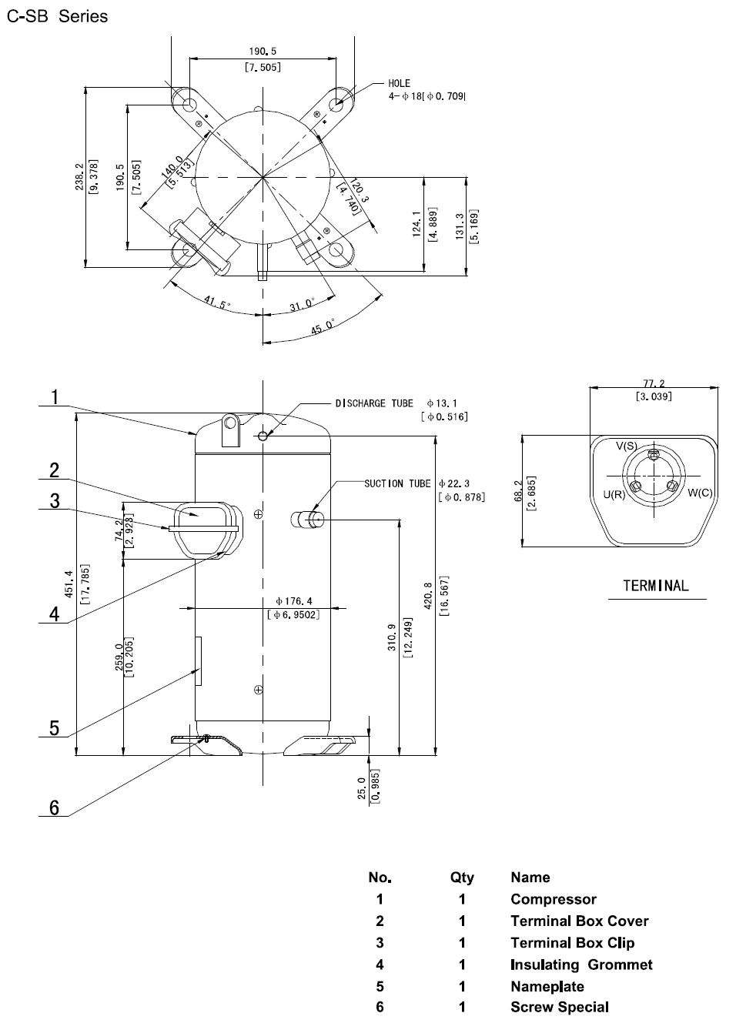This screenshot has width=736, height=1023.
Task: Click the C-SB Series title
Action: click(x=57, y=16)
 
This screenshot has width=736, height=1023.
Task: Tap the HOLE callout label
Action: click(x=399, y=84)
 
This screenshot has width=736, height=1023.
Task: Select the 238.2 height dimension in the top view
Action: click(x=80, y=177)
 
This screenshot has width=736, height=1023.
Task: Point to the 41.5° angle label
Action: click(x=217, y=302)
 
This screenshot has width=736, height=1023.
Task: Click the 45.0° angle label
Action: click(x=323, y=326)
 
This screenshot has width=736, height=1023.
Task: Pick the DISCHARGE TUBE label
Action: click(x=374, y=403)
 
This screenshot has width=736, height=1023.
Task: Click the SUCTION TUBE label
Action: click(x=397, y=483)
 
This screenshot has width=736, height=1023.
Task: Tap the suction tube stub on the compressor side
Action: click(x=307, y=520)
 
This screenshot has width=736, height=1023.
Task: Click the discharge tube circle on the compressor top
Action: click(x=263, y=436)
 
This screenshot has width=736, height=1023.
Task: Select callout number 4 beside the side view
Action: click(x=55, y=613)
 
